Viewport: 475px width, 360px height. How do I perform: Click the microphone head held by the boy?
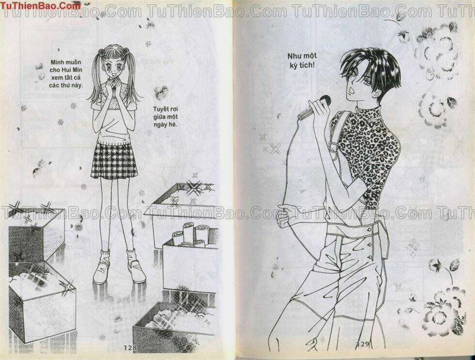tap(325, 100)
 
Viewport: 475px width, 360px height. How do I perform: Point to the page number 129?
tap(364, 344)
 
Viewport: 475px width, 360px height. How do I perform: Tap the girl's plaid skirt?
tap(114, 160)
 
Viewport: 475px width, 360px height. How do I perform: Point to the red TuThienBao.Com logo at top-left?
tap(40, 6)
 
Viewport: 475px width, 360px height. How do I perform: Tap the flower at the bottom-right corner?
tap(441, 311)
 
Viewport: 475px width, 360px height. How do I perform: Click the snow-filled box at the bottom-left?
tap(41, 301)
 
